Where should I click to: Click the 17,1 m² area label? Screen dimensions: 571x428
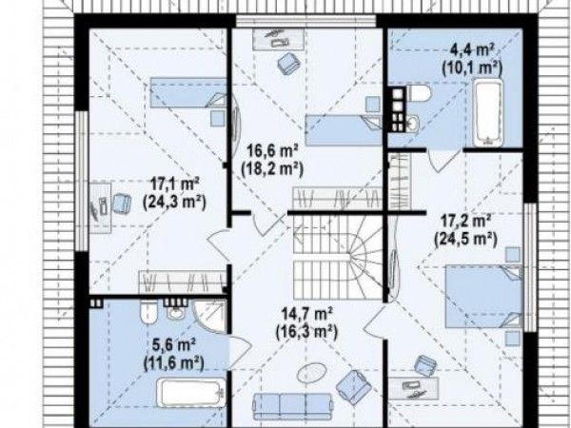pyautogui.click(x=175, y=185)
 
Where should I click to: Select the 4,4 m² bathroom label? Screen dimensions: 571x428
pyautogui.click(x=472, y=49)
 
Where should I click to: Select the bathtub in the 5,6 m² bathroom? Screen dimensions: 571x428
pyautogui.click(x=191, y=392)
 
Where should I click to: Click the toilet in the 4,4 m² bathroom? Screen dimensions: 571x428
pyautogui.click(x=419, y=94)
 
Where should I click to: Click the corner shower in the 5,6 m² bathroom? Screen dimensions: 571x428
pyautogui.click(x=209, y=316)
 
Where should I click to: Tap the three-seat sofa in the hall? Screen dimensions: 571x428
pyautogui.click(x=293, y=406)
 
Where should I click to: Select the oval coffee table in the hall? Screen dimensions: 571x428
pyautogui.click(x=311, y=373)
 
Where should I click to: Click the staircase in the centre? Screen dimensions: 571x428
pyautogui.click(x=338, y=258)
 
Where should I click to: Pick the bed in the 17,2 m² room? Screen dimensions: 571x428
pyautogui.click(x=484, y=296)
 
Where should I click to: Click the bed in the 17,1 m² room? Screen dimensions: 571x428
pyautogui.click(x=188, y=92)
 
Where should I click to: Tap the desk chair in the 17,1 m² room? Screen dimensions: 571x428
pyautogui.click(x=122, y=204)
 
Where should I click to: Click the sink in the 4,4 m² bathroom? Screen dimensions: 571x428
pyautogui.click(x=413, y=123)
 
